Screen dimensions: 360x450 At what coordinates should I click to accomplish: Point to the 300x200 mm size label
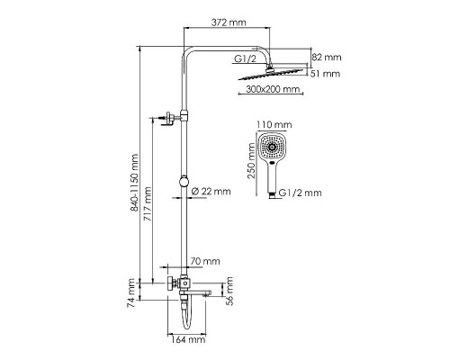coord(273,91)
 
